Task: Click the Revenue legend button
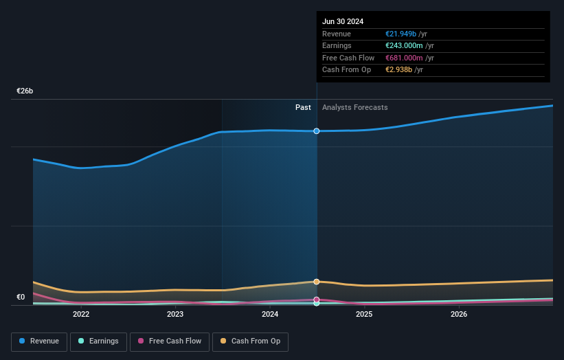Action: pyautogui.click(x=39, y=341)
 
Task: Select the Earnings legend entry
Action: pyautogui.click(x=98, y=341)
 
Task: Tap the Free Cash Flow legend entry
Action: pyautogui.click(x=170, y=341)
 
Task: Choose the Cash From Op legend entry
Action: pyautogui.click(x=251, y=341)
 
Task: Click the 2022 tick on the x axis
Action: pyautogui.click(x=81, y=315)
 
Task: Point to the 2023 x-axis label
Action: pyautogui.click(x=175, y=315)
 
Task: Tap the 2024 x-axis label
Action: pyautogui.click(x=270, y=315)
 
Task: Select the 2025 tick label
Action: pyautogui.click(x=364, y=315)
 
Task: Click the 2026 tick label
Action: pyautogui.click(x=459, y=315)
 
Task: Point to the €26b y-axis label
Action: pyautogui.click(x=25, y=91)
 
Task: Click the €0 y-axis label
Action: pyautogui.click(x=21, y=297)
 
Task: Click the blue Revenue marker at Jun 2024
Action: pyautogui.click(x=317, y=131)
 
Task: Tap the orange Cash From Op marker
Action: pyautogui.click(x=317, y=282)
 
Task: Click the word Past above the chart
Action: pyautogui.click(x=303, y=108)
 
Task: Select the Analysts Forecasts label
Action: pyautogui.click(x=354, y=108)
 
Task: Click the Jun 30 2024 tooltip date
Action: pyautogui.click(x=343, y=21)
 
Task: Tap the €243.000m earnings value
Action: pyautogui.click(x=404, y=46)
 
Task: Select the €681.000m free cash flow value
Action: pyautogui.click(x=404, y=58)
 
